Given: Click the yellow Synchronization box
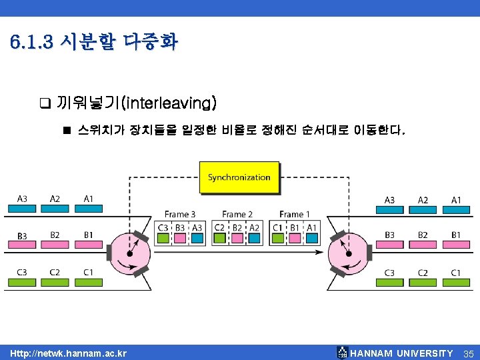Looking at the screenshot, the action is pos(239,177).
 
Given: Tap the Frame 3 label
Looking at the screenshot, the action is pos(180,214).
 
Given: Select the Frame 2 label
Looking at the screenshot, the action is pos(237,214).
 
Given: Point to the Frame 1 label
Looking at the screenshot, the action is pos(295,214).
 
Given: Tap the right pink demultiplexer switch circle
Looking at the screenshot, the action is pos(347,254).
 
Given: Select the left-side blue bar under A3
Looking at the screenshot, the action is pos(22,209).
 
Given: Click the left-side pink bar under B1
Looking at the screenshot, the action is pos(89,244).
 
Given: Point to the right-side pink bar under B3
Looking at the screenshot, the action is pos(390,245).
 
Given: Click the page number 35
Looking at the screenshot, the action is pos(468,353).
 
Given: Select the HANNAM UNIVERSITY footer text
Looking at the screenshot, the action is pos(401,353).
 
